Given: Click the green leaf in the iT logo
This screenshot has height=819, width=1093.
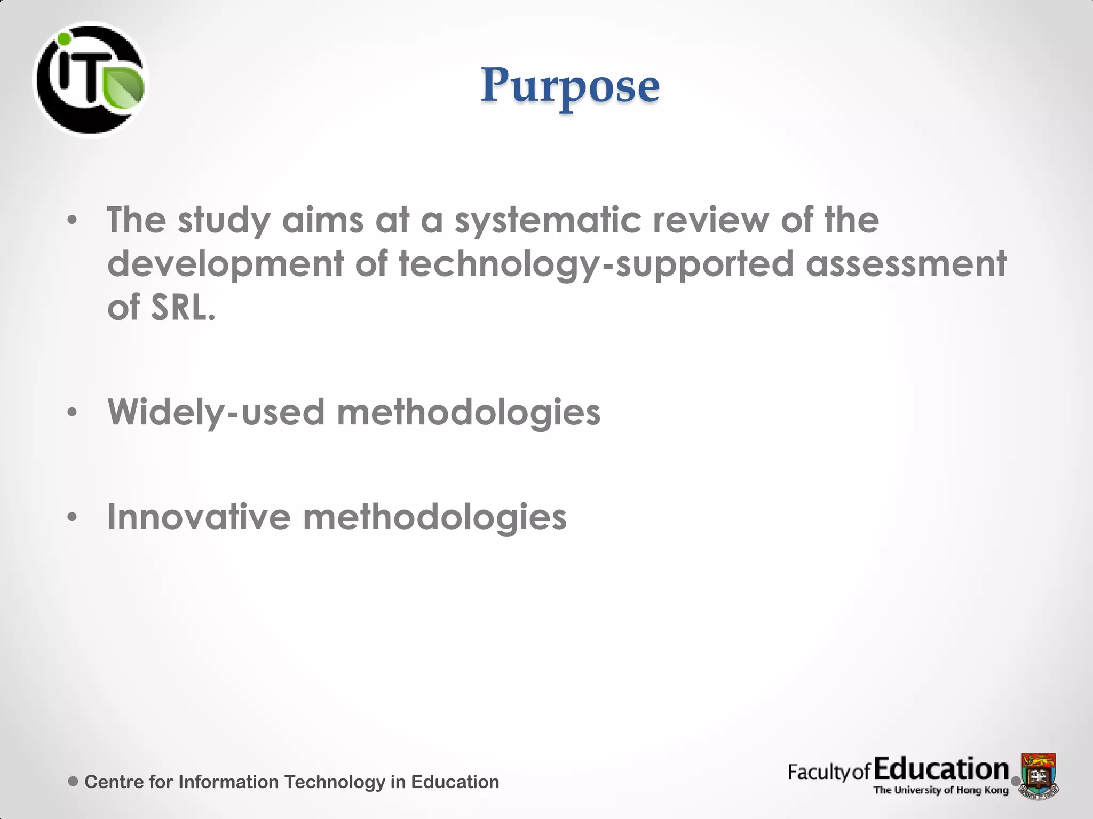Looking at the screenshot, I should pos(124,88).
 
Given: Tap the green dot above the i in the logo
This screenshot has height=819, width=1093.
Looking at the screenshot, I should pos(65,39).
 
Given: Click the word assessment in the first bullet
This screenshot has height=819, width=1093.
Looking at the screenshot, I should pos(906,263).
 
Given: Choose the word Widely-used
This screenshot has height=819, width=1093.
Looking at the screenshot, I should pos(216,412).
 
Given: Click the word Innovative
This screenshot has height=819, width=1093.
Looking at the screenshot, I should pos(199,517).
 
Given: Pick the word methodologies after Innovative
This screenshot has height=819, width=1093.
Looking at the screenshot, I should pos(434,517).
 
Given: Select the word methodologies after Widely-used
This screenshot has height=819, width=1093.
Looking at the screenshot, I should pos(468,412).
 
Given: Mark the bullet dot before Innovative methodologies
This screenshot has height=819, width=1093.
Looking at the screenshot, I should pos(73,517).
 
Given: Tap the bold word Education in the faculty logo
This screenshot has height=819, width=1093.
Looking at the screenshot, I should pos(941,769).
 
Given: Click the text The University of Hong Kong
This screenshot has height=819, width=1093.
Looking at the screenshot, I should pos(941,790).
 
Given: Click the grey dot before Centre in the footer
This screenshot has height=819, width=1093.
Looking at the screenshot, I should pos(74,782).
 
